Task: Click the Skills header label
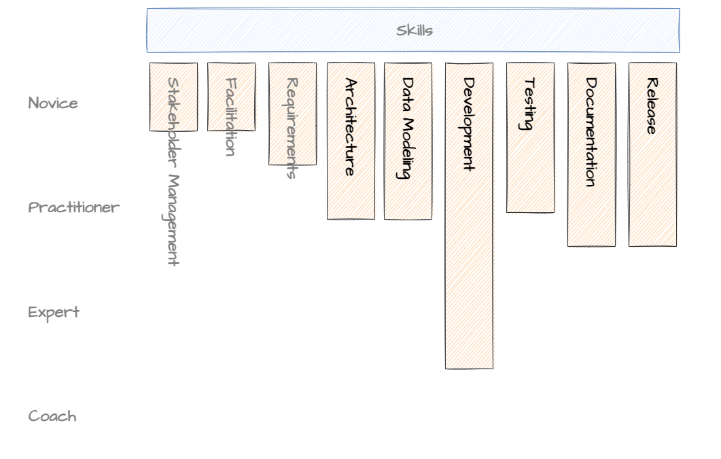tap(415, 31)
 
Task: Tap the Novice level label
tap(53, 103)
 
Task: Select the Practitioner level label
tap(74, 207)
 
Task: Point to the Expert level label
tap(54, 312)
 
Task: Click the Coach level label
tap(52, 416)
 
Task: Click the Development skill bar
tap(469, 272)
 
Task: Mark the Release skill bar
tap(652, 190)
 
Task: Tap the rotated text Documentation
tap(591, 132)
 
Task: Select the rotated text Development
tap(468, 124)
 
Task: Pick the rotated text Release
tap(652, 106)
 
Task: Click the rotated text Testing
tap(529, 104)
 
